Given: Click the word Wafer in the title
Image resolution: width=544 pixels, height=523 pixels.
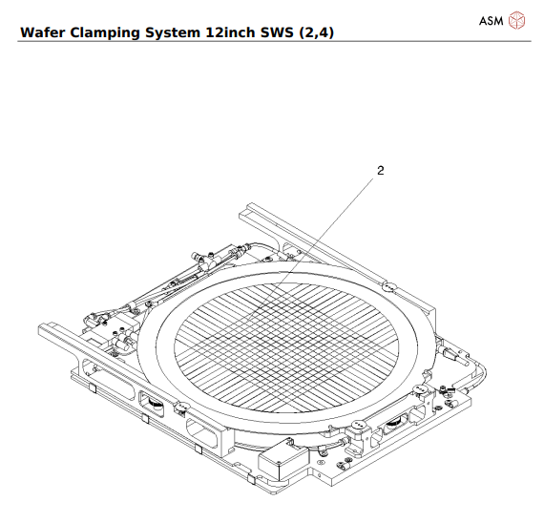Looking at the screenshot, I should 44,32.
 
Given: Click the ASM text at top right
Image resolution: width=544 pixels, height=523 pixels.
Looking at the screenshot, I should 492,21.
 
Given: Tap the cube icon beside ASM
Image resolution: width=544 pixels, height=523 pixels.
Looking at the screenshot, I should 516,21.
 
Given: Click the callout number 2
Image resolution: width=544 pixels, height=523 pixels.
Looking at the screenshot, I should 380,171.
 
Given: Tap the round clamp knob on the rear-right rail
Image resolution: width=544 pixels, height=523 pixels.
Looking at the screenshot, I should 387,285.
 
